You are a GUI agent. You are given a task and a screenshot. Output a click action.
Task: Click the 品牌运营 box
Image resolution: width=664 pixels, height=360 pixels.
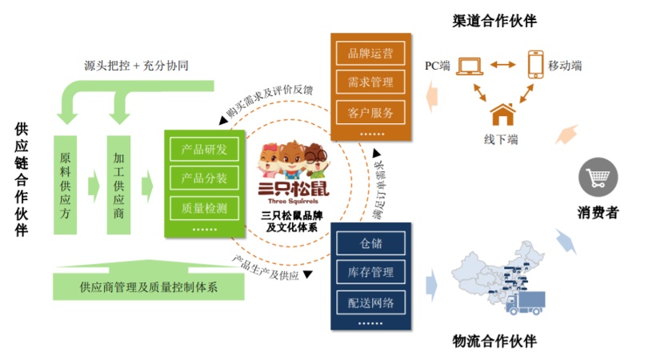(x=370, y=54)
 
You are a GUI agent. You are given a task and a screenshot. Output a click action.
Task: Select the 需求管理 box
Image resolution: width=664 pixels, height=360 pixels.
(x=370, y=82)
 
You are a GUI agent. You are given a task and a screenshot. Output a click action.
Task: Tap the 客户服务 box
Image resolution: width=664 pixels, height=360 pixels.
(x=370, y=112)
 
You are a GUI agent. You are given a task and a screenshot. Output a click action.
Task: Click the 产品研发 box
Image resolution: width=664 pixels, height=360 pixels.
(x=204, y=149)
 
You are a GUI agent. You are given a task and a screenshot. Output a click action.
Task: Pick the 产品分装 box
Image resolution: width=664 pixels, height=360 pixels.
(x=204, y=178)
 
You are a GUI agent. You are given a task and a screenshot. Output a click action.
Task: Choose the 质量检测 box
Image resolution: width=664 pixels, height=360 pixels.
(x=204, y=208)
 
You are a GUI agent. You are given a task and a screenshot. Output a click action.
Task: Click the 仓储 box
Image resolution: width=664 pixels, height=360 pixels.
(x=371, y=243)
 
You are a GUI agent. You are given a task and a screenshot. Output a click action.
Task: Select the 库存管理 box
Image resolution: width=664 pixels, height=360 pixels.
(x=371, y=272)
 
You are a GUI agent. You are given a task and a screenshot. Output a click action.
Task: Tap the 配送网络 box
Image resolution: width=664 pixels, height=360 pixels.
(x=371, y=302)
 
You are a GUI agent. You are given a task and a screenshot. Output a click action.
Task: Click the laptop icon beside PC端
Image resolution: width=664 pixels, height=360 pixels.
(x=470, y=66)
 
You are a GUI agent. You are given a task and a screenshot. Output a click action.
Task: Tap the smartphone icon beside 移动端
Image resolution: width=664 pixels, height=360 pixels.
(x=536, y=64)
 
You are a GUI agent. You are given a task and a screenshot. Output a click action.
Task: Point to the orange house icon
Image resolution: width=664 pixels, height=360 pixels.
(x=502, y=114)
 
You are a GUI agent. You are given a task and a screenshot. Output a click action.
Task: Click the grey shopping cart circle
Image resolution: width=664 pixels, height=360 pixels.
(x=598, y=177)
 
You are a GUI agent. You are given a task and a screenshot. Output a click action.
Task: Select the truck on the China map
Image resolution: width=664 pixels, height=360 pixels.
(x=525, y=302)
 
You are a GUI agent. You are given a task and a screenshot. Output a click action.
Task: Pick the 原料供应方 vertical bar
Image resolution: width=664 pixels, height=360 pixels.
(x=66, y=185)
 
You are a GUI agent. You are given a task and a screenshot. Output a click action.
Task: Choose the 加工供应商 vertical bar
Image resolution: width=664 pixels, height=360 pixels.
(x=118, y=185)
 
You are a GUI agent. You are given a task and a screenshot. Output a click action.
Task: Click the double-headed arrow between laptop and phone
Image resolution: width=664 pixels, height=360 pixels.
(x=503, y=65)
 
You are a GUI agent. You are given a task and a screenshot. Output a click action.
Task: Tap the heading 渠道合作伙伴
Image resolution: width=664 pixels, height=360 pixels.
(x=494, y=20)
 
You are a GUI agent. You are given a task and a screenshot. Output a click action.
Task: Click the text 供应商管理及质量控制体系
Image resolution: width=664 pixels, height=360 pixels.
(x=149, y=287)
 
